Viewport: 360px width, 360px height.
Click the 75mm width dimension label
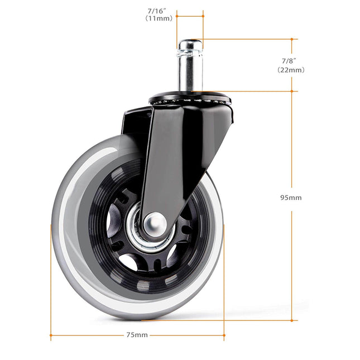[137, 335]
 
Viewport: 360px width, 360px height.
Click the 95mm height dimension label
[291, 198]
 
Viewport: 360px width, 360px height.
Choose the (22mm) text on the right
[290, 70]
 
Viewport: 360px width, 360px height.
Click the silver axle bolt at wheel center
[155, 224]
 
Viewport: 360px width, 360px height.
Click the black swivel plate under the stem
[190, 100]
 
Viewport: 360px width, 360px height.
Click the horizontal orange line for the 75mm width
[89, 337]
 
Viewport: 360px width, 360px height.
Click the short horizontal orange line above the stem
[190, 16]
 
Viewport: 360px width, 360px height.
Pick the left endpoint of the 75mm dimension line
[51, 337]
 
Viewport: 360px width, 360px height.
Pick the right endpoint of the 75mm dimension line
[224, 337]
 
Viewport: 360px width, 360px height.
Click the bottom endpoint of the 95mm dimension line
[292, 320]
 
